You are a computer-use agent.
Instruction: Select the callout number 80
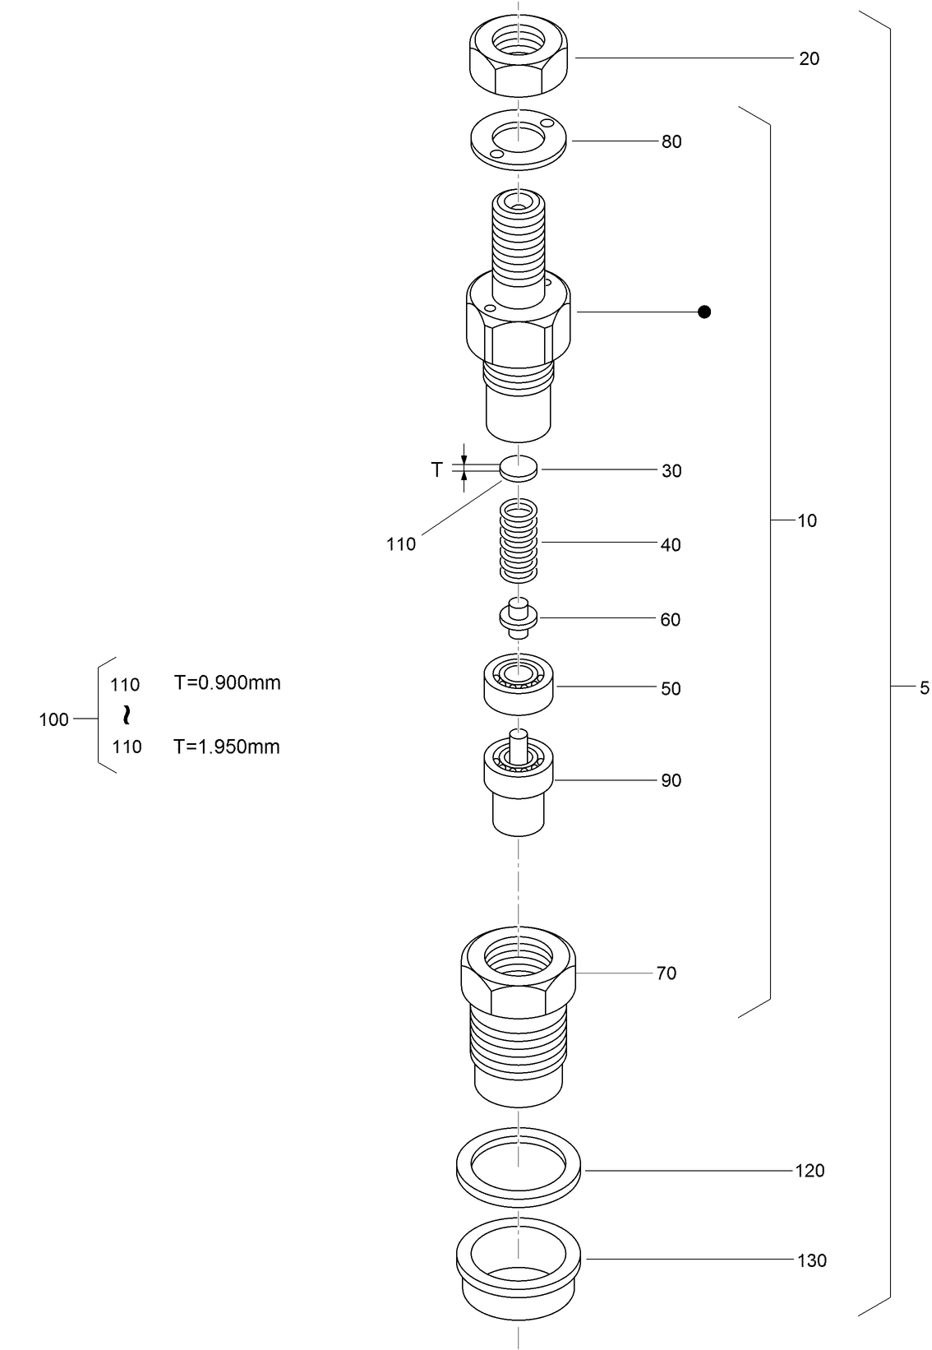point(671,142)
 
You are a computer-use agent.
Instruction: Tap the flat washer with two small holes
point(519,141)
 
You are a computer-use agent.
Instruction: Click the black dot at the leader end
point(704,312)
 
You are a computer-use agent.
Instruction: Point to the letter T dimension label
point(437,469)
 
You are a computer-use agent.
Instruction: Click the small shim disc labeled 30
point(519,469)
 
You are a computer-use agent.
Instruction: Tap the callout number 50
point(671,689)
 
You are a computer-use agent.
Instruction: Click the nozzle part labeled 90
point(519,785)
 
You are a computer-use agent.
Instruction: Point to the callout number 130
point(812,1260)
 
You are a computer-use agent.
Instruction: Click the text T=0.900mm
point(227,683)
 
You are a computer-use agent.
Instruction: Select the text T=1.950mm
point(227,747)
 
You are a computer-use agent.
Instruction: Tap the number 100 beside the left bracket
point(54,720)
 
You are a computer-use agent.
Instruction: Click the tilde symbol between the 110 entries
point(126,714)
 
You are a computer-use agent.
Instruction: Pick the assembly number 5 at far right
point(924,688)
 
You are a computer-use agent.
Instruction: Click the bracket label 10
point(807,520)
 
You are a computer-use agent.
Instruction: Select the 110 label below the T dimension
point(401,544)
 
